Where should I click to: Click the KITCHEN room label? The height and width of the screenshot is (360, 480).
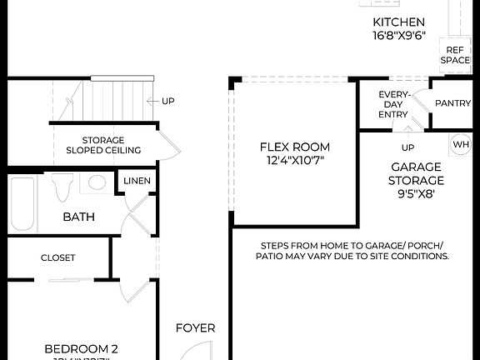click(x=398, y=22)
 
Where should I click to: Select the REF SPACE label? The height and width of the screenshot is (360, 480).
click(x=455, y=55)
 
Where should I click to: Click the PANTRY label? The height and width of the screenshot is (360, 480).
click(x=453, y=103)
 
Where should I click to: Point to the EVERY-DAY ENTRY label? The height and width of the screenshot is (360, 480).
click(x=393, y=104)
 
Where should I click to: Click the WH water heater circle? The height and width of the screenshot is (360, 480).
click(x=461, y=144)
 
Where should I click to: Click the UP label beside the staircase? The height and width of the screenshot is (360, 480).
click(x=168, y=101)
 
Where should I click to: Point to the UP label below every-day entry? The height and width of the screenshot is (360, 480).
click(x=408, y=147)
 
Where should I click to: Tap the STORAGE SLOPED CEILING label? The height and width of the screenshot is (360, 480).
click(x=103, y=145)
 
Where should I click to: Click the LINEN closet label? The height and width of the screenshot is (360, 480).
click(x=137, y=181)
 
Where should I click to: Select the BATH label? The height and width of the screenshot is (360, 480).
click(x=79, y=217)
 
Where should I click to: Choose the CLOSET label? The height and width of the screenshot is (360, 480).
click(x=58, y=257)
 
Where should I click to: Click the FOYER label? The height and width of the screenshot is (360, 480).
click(x=195, y=327)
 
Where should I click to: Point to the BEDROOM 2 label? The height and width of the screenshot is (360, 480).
click(x=80, y=348)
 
